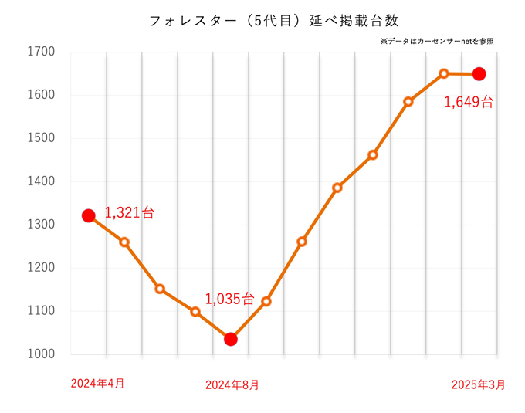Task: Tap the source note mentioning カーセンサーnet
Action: click(437, 41)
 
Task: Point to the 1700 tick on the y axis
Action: click(41, 52)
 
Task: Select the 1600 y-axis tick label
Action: click(41, 95)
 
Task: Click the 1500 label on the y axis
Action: click(41, 138)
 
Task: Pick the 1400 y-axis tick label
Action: click(41, 181)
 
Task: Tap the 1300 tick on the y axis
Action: click(41, 225)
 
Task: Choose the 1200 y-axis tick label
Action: click(41, 268)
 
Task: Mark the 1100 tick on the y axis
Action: click(41, 311)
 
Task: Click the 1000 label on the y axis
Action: click(41, 354)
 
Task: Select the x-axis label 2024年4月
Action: click(97, 383)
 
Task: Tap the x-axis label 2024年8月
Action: click(232, 384)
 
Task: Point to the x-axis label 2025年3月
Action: click(479, 384)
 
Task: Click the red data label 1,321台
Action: click(130, 212)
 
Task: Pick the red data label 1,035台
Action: click(229, 298)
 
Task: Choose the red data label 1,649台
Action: click(469, 101)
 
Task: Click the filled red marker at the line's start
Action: click(89, 215)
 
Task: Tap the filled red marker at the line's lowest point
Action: click(230, 339)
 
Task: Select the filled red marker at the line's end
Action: click(479, 74)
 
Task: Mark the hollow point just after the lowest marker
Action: click(266, 302)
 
